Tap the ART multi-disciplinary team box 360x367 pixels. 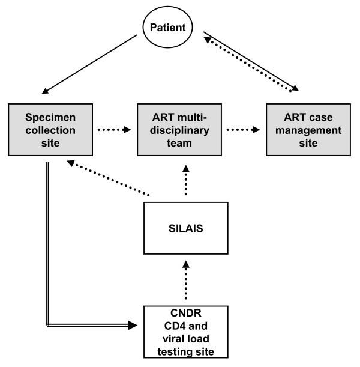coord(178,129)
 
